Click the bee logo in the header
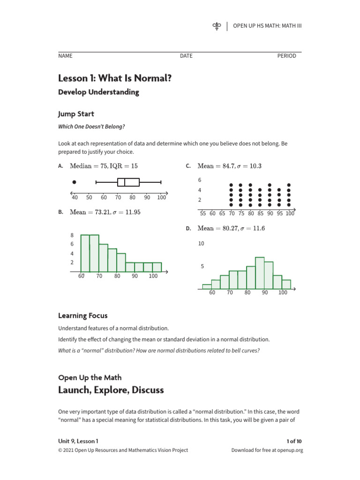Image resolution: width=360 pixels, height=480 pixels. click(x=217, y=26)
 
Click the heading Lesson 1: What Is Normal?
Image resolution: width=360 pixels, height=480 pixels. click(x=114, y=78)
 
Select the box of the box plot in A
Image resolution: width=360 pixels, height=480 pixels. click(x=128, y=182)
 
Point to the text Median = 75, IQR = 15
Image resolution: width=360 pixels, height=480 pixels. click(x=104, y=166)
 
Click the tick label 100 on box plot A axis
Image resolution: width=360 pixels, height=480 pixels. click(x=161, y=197)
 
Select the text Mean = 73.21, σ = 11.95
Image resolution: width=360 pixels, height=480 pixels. click(x=105, y=212)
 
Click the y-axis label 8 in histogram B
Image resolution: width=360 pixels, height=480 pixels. click(x=72, y=235)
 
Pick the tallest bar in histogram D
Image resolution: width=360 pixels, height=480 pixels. click(x=260, y=273)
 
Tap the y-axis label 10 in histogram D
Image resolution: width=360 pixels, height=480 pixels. click(x=201, y=244)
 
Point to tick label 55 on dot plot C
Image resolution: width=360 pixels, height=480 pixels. click(x=203, y=213)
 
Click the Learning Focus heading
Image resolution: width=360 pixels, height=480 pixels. click(x=82, y=315)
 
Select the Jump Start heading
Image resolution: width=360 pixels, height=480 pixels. click(x=76, y=114)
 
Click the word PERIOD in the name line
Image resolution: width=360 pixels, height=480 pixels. click(x=286, y=56)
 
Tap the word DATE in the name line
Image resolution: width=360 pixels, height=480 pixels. click(x=186, y=56)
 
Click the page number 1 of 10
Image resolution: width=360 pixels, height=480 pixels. click(x=294, y=441)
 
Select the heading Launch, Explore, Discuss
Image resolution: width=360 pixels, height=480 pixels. click(x=111, y=390)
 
